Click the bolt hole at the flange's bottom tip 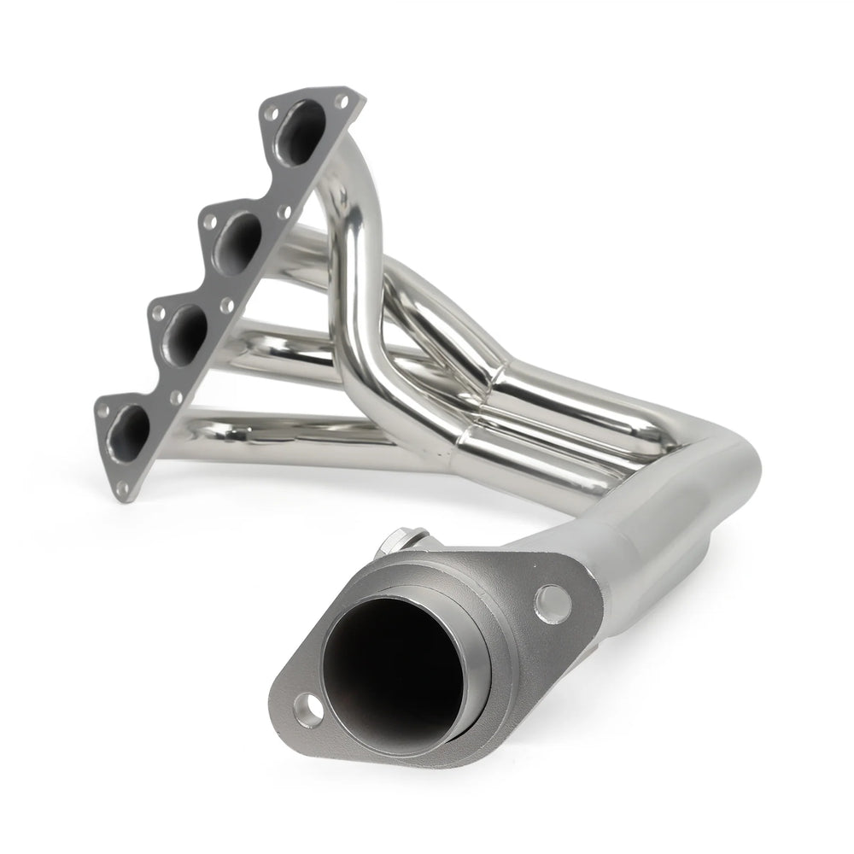123,488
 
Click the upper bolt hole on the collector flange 553,602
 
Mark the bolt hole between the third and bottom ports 176,397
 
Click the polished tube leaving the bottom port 282,427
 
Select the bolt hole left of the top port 272,113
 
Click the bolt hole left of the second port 208,219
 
